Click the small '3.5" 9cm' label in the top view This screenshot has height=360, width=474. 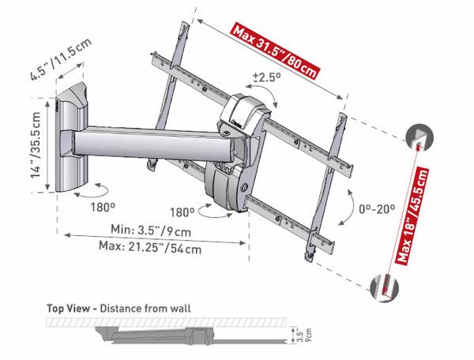click(306, 333)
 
